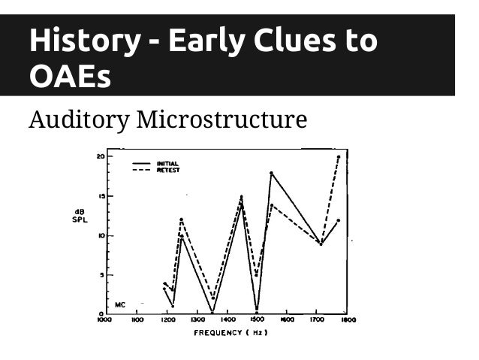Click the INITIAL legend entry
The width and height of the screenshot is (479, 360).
pyautogui.click(x=167, y=162)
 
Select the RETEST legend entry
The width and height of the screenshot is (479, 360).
pyautogui.click(x=167, y=170)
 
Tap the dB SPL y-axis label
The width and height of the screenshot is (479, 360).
pyautogui.click(x=80, y=215)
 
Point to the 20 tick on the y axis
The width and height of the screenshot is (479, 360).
pyautogui.click(x=100, y=156)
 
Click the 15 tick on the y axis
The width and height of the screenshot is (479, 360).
pyautogui.click(x=100, y=196)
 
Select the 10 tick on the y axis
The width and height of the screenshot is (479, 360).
pyautogui.click(x=100, y=235)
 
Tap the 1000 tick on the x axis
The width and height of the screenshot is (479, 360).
pyautogui.click(x=104, y=319)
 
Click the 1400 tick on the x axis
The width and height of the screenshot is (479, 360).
pyautogui.click(x=226, y=319)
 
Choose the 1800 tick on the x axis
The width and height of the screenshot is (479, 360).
pyautogui.click(x=347, y=319)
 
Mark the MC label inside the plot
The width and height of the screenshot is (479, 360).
pyautogui.click(x=119, y=305)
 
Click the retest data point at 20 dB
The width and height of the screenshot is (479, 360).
pyautogui.click(x=339, y=157)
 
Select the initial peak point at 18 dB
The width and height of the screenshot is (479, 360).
pyautogui.click(x=271, y=173)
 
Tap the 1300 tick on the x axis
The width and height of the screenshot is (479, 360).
pyautogui.click(x=196, y=319)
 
